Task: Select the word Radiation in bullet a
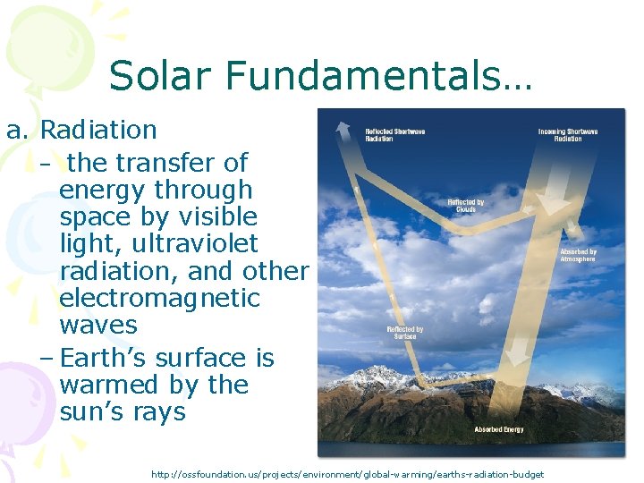click(98, 130)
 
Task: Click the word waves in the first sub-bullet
click(98, 324)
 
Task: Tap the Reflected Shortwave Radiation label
click(394, 135)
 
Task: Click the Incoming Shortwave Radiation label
click(568, 135)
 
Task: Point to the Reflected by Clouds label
click(466, 206)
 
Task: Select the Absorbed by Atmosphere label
click(578, 256)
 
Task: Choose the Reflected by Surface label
click(404, 333)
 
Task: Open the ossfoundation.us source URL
click(347, 473)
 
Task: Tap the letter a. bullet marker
click(19, 130)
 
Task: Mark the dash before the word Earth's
click(47, 358)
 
